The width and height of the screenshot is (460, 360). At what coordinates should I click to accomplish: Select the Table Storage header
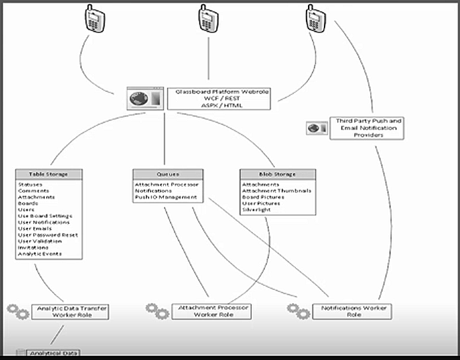coord(50,174)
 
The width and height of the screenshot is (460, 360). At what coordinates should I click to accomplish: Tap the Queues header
coord(165,174)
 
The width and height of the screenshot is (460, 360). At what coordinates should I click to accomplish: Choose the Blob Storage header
coord(278,174)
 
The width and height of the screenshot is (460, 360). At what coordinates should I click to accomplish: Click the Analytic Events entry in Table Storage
coord(40,254)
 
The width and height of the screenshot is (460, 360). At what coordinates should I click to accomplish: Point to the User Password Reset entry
coord(48,235)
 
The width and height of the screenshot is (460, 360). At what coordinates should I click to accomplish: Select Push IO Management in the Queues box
coord(165,197)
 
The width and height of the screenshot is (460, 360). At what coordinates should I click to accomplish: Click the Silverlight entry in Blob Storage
coord(256,209)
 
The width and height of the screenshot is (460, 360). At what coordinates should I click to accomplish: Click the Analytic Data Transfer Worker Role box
coord(70,311)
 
